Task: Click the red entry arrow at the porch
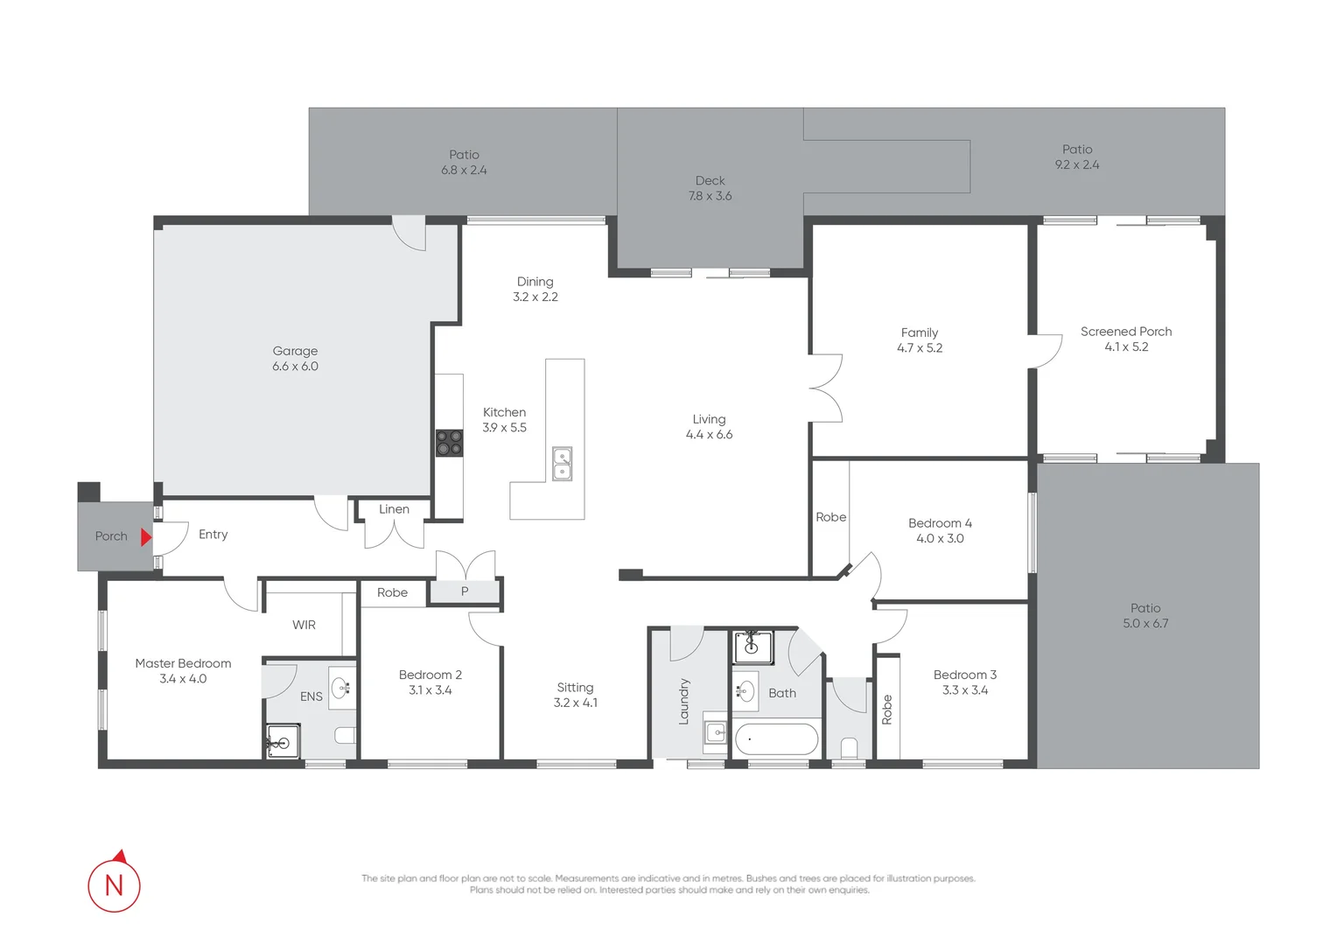pyautogui.click(x=146, y=536)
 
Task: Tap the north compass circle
pyautogui.click(x=114, y=885)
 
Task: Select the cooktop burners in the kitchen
pyautogui.click(x=450, y=443)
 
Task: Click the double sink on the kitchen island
pyautogui.click(x=562, y=464)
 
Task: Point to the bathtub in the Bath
pyautogui.click(x=776, y=739)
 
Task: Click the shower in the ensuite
pyautogui.click(x=283, y=742)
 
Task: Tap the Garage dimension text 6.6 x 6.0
pyautogui.click(x=295, y=367)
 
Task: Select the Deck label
pyautogui.click(x=710, y=180)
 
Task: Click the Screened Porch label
pyautogui.click(x=1125, y=332)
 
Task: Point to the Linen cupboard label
pyautogui.click(x=394, y=509)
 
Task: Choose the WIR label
pyautogui.click(x=304, y=625)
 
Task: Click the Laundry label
pyautogui.click(x=684, y=701)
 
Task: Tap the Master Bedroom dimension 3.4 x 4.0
pyautogui.click(x=183, y=679)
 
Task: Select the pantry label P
pyautogui.click(x=465, y=591)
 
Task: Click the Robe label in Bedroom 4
pyautogui.click(x=830, y=517)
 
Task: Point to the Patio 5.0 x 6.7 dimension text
pyautogui.click(x=1144, y=624)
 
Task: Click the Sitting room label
pyautogui.click(x=575, y=688)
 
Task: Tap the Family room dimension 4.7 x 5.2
pyautogui.click(x=919, y=348)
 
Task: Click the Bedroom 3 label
pyautogui.click(x=964, y=675)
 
